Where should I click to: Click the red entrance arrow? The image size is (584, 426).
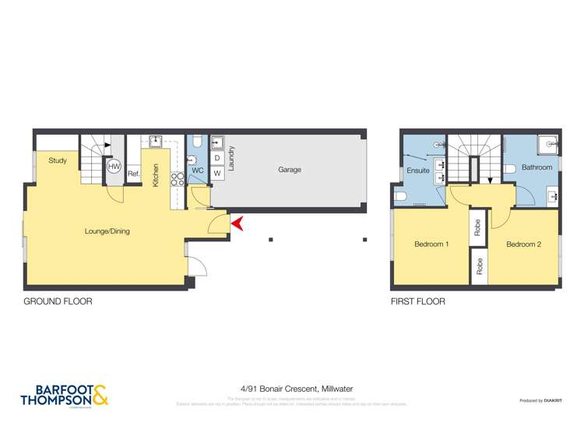click(x=239, y=224)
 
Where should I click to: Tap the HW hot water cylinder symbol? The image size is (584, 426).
click(x=114, y=167)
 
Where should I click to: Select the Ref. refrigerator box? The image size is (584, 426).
click(x=133, y=174)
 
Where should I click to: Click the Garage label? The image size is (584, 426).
click(x=290, y=170)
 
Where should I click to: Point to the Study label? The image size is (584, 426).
click(x=58, y=161)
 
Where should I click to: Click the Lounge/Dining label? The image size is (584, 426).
click(x=107, y=231)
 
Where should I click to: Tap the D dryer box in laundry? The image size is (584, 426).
click(x=217, y=159)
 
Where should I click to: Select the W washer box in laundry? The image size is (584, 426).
click(x=217, y=174)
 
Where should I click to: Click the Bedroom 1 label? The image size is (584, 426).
click(x=431, y=245)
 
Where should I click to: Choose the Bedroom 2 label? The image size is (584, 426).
click(x=523, y=245)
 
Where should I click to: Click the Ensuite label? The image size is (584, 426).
click(x=419, y=171)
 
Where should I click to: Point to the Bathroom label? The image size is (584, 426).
click(x=537, y=167)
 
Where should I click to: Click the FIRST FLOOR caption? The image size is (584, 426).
click(x=418, y=301)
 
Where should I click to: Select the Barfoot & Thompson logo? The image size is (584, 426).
click(x=65, y=395)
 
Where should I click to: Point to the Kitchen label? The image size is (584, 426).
click(x=157, y=174)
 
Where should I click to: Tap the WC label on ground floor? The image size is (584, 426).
click(x=197, y=171)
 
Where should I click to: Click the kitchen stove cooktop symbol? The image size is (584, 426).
click(x=177, y=179)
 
